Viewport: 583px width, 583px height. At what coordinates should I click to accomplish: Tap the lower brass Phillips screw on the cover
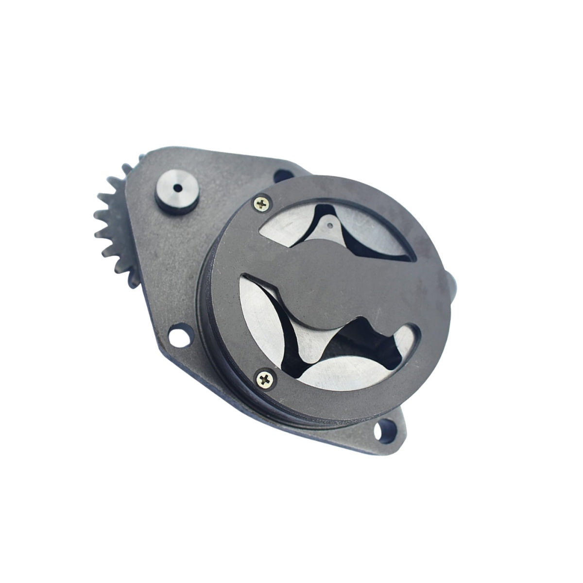265,376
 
